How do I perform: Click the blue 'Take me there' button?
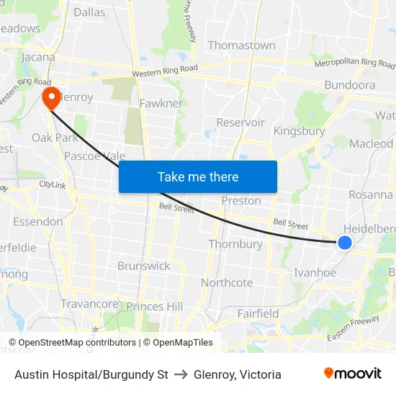pyautogui.click(x=198, y=176)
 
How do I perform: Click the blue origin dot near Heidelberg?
pyautogui.click(x=345, y=243)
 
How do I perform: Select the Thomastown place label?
pyautogui.click(x=241, y=45)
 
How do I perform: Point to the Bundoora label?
pyautogui.click(x=349, y=85)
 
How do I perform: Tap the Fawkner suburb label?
pyautogui.click(x=161, y=103)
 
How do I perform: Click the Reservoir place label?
pyautogui.click(x=240, y=122)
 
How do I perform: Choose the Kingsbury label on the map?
pyautogui.click(x=298, y=131)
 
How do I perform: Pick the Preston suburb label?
pyautogui.click(x=240, y=200)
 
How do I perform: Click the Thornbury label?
pyautogui.click(x=235, y=244)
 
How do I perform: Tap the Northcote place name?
pyautogui.click(x=227, y=282)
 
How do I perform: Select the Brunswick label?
pyautogui.click(x=144, y=266)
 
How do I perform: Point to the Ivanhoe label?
pyautogui.click(x=315, y=272)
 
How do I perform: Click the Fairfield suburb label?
pyautogui.click(x=258, y=313)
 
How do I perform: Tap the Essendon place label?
pyautogui.click(x=37, y=221)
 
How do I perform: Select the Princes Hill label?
pyautogui.click(x=154, y=307)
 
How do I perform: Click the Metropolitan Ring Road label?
pyautogui.click(x=355, y=64)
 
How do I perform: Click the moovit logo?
pyautogui.click(x=352, y=374)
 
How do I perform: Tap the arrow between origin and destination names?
pyautogui.click(x=181, y=374)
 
